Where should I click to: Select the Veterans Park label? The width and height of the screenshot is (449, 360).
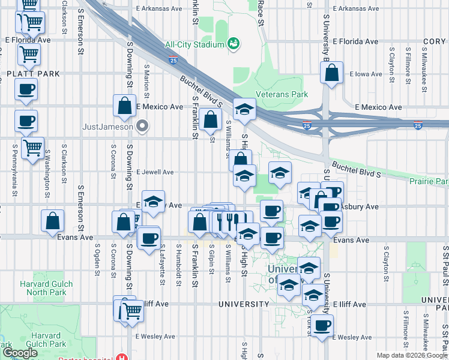pyautogui.click(x=282, y=94)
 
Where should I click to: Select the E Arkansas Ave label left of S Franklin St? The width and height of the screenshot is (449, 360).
pyautogui.click(x=159, y=9)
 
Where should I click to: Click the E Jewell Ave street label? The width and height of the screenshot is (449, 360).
pyautogui.click(x=155, y=172)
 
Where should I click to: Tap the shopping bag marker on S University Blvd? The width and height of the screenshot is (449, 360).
pyautogui.click(x=331, y=74)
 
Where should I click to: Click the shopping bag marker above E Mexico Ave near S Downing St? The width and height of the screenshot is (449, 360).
pyautogui.click(x=124, y=106)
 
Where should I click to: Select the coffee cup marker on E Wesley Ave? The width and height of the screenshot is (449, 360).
pyautogui.click(x=322, y=326)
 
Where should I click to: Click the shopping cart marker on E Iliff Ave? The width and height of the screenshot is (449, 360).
pyautogui.click(x=132, y=311)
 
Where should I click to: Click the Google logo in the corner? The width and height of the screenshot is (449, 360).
pyautogui.click(x=20, y=353)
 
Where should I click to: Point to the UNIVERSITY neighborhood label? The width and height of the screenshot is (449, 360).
pyautogui.click(x=244, y=304)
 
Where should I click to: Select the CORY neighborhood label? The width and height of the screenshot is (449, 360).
pyautogui.click(x=434, y=42)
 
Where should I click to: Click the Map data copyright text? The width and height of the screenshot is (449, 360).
pyautogui.click(x=411, y=355)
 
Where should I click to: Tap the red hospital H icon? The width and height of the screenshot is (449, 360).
pyautogui.click(x=122, y=356)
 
